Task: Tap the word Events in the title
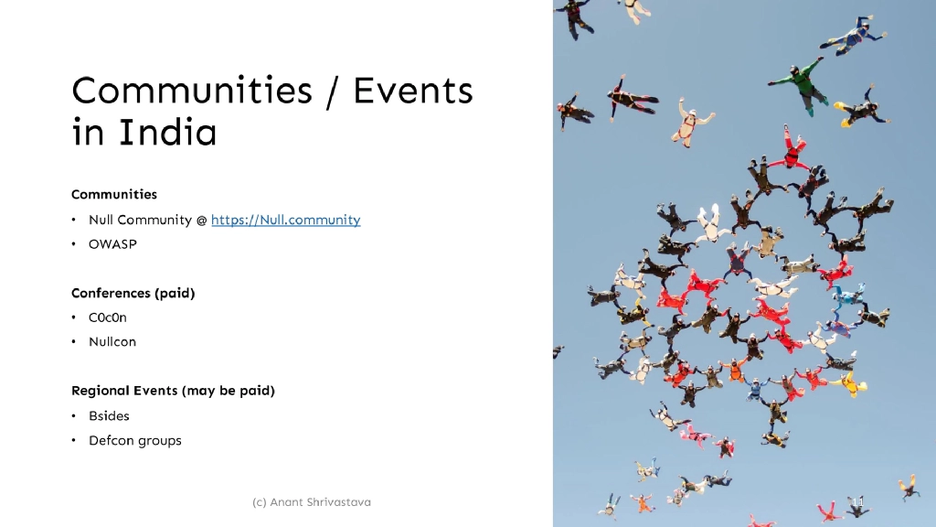tap(413, 91)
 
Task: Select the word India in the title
tap(167, 134)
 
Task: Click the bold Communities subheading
tap(114, 194)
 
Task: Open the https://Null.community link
tap(285, 220)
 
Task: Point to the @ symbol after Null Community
tap(201, 220)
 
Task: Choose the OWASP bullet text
tap(112, 244)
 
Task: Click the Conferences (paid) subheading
tap(133, 293)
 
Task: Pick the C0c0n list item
tap(108, 317)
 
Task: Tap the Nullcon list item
tap(112, 342)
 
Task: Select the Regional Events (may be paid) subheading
tap(173, 391)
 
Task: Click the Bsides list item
tap(110, 415)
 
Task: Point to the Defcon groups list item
tap(135, 440)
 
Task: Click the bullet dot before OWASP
tap(73, 244)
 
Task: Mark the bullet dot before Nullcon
tap(73, 342)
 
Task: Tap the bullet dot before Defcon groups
tap(73, 440)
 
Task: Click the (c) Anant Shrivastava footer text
tap(312, 502)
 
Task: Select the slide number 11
tap(856, 502)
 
